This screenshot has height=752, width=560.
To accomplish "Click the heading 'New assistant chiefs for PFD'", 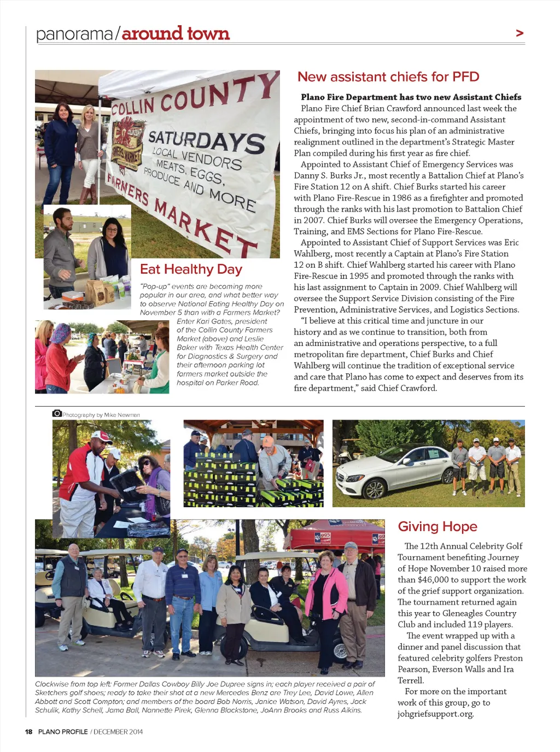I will (388, 77).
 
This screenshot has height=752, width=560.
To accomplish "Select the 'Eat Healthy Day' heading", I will (191, 269).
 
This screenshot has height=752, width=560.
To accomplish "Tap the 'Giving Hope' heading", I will (437, 526).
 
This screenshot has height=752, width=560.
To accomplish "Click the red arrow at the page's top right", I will (520, 33).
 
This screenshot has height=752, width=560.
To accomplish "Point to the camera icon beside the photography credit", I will (57, 414).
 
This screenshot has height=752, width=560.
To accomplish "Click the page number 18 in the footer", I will (28, 732).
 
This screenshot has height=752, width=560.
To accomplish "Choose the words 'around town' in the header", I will (176, 33).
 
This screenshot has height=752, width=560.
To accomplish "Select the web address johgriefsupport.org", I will (435, 714).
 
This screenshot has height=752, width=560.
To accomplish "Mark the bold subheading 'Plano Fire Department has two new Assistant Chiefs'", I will (411, 97).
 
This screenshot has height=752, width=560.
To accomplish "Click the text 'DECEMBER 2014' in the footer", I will (118, 732).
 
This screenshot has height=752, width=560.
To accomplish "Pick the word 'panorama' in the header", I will (74, 34).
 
